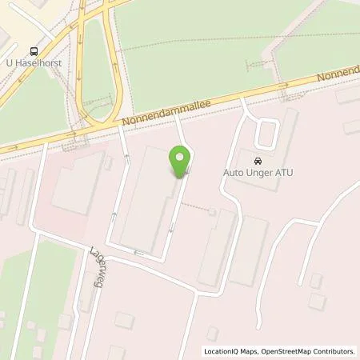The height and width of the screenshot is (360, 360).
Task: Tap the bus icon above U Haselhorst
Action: [x=33, y=49]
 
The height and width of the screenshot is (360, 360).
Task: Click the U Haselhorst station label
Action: [x=33, y=62]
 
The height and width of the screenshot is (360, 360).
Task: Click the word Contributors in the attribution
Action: [x=335, y=351]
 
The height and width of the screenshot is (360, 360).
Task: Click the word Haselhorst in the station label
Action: [x=38, y=62]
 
